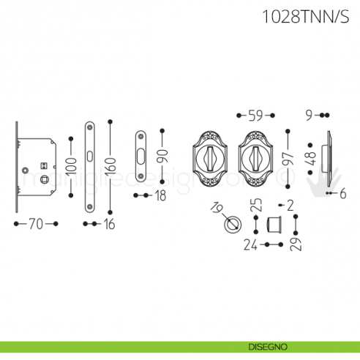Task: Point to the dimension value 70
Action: tap(36, 224)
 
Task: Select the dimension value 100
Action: tap(70, 165)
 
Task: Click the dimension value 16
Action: tap(109, 224)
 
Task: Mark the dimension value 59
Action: tap(255, 115)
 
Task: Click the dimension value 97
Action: tap(289, 159)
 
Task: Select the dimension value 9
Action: tap(310, 115)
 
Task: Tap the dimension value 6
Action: tap(342, 193)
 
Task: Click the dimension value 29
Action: tap(294, 244)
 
